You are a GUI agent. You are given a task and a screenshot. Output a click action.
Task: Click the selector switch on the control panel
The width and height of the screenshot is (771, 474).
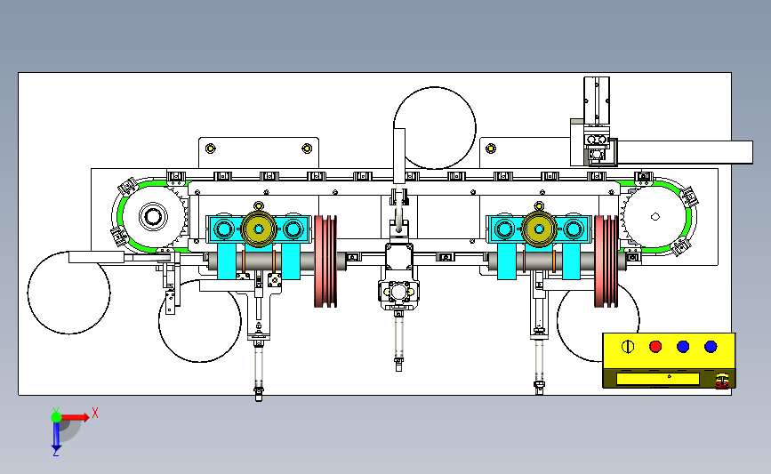627,346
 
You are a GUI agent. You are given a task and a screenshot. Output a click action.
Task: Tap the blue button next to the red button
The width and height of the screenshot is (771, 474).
683,346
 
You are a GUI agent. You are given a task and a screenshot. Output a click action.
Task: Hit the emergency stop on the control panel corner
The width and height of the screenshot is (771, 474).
723,381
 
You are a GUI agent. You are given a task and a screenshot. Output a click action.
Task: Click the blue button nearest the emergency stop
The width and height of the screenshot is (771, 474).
710,346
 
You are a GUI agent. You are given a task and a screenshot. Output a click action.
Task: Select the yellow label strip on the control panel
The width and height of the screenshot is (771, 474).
658,378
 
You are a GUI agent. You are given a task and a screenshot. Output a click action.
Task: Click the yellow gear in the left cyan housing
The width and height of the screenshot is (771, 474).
259,229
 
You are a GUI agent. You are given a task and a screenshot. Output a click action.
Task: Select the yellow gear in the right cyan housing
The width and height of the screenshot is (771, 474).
538,229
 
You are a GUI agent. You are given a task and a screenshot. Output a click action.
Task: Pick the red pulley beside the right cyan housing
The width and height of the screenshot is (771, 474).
606,261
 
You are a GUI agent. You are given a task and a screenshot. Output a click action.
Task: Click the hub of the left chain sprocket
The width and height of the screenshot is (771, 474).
152,216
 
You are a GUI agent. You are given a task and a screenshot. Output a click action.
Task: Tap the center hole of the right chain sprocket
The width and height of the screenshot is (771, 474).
655,215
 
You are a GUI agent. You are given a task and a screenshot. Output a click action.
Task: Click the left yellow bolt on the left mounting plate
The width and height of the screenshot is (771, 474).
210,148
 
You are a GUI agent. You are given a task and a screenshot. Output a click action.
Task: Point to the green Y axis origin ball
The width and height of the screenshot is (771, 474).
55,415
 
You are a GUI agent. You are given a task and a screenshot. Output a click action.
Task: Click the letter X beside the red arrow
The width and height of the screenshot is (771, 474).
94,413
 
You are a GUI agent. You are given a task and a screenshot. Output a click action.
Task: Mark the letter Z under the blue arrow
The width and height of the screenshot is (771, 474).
55,453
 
